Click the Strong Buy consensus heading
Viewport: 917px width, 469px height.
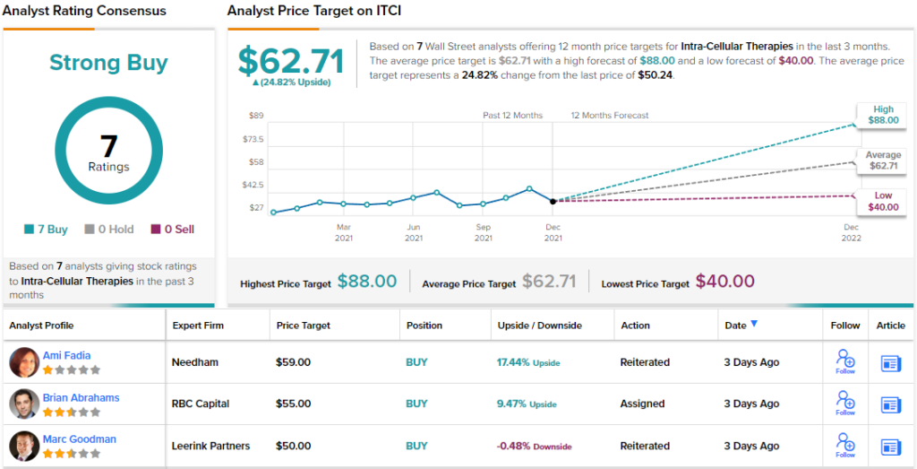click(108, 63)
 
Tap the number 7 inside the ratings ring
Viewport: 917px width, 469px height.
click(108, 144)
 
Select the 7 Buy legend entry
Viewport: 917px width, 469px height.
click(46, 230)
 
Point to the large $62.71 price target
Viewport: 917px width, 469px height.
click(291, 61)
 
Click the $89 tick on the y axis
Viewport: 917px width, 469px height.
click(255, 116)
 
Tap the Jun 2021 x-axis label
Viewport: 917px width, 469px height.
click(413, 232)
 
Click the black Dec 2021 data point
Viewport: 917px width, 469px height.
click(553, 201)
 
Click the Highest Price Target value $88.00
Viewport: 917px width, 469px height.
click(366, 282)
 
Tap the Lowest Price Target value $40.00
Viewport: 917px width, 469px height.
click(724, 282)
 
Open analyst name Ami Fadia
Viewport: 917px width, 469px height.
click(66, 356)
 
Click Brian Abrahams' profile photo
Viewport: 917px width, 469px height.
click(24, 404)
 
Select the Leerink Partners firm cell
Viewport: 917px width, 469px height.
click(210, 446)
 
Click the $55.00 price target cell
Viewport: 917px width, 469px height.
click(293, 404)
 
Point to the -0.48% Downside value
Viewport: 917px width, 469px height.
click(534, 446)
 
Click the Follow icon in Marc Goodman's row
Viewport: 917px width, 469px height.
click(844, 444)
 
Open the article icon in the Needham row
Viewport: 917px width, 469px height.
click(891, 363)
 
